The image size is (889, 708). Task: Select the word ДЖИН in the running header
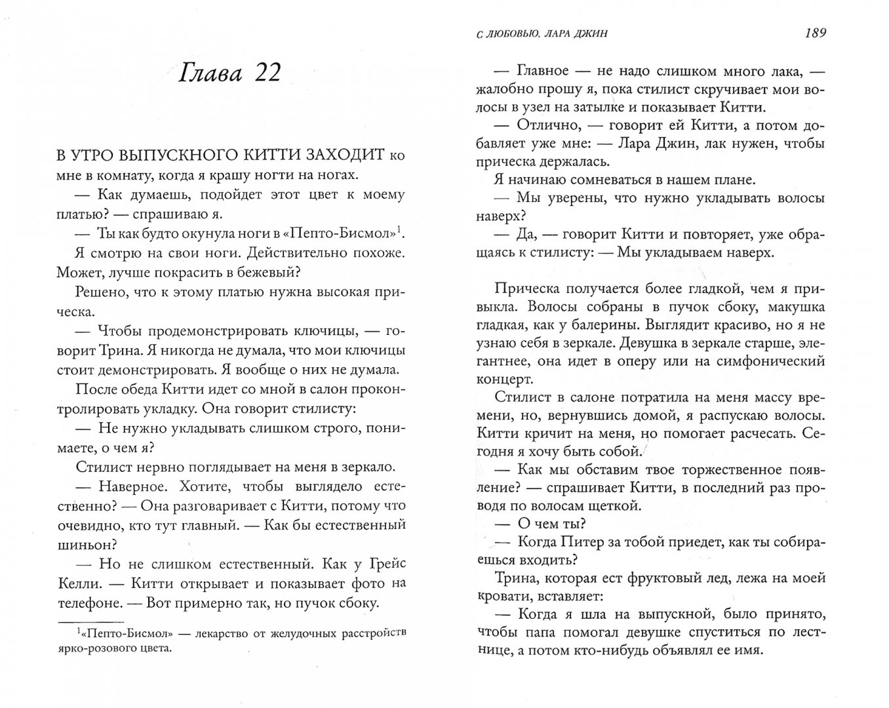pyautogui.click(x=589, y=34)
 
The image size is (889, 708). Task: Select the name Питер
pyautogui.click(x=582, y=541)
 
